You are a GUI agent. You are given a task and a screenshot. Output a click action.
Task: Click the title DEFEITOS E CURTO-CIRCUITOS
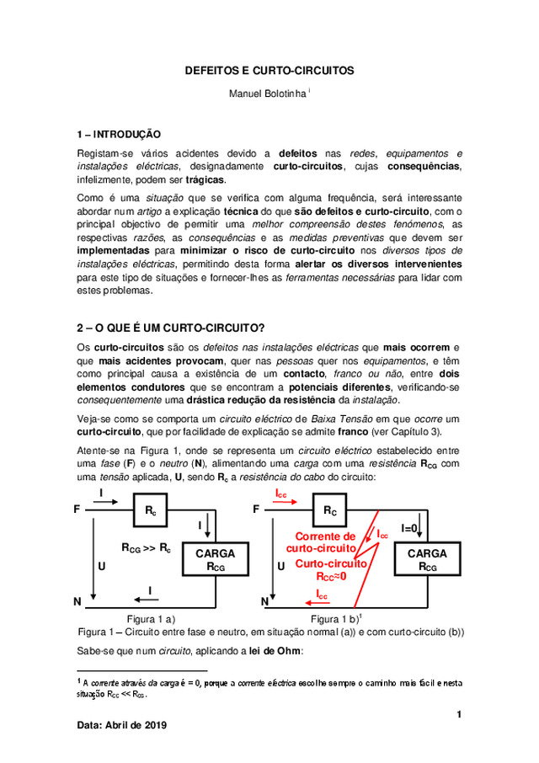pos(269,71)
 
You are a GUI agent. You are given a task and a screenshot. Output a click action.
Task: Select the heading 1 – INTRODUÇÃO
pos(118,134)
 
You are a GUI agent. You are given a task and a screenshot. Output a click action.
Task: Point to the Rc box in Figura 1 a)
pos(150,510)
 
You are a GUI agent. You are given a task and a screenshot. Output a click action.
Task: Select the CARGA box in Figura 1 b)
pos(427,560)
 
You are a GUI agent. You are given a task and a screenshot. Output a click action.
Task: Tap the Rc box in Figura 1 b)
pos(329,510)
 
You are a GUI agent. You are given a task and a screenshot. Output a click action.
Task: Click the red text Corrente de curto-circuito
pos(324,542)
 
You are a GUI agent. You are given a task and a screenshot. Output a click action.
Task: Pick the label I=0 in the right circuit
pos(410,529)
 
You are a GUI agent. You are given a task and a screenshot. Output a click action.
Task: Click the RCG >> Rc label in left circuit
pos(146,548)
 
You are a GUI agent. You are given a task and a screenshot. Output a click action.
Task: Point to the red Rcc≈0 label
pos(330,578)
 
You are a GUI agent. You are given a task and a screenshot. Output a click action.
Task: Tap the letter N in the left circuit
pos(77,602)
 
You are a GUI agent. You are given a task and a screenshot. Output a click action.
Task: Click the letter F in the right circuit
pos(257,510)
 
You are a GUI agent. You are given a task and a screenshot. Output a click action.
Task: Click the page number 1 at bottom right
pos(460,715)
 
